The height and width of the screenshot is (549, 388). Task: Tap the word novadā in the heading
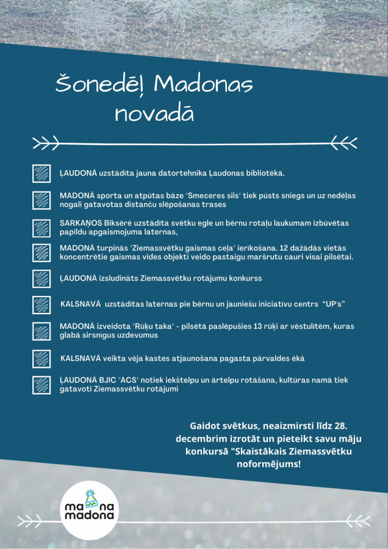click(154, 113)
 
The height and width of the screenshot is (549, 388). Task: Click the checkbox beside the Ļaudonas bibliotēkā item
click(41, 173)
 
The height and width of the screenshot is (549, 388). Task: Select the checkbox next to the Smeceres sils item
click(41, 200)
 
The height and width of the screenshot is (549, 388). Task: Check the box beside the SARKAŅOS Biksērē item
click(41, 228)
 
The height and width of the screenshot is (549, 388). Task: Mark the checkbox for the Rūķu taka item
click(41, 331)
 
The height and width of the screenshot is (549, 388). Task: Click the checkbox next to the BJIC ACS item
click(41, 384)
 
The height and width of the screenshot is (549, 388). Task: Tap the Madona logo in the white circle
click(91, 508)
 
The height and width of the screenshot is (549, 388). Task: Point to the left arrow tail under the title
click(46, 143)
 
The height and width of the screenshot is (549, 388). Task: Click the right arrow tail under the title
click(345, 143)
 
